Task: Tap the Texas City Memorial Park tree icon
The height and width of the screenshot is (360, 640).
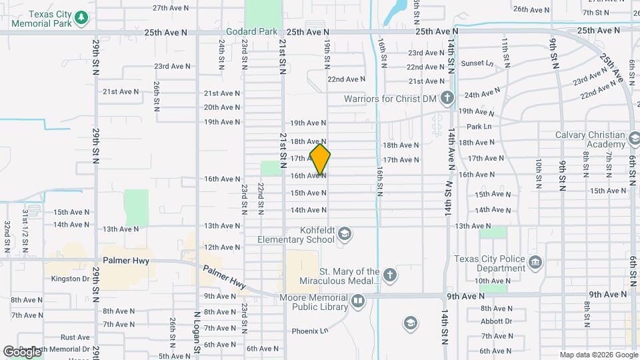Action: click(x=81, y=17)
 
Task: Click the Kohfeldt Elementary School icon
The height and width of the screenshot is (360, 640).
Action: click(x=345, y=233)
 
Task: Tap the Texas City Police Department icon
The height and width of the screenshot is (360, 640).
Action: click(x=535, y=263)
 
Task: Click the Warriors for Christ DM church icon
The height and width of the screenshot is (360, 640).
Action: click(x=446, y=99)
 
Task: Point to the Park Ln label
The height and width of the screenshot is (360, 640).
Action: click(x=479, y=126)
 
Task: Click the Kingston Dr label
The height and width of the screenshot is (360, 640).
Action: click(x=70, y=279)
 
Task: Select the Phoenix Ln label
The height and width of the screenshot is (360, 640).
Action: click(x=310, y=331)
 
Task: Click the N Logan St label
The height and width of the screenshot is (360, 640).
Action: click(x=197, y=331)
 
